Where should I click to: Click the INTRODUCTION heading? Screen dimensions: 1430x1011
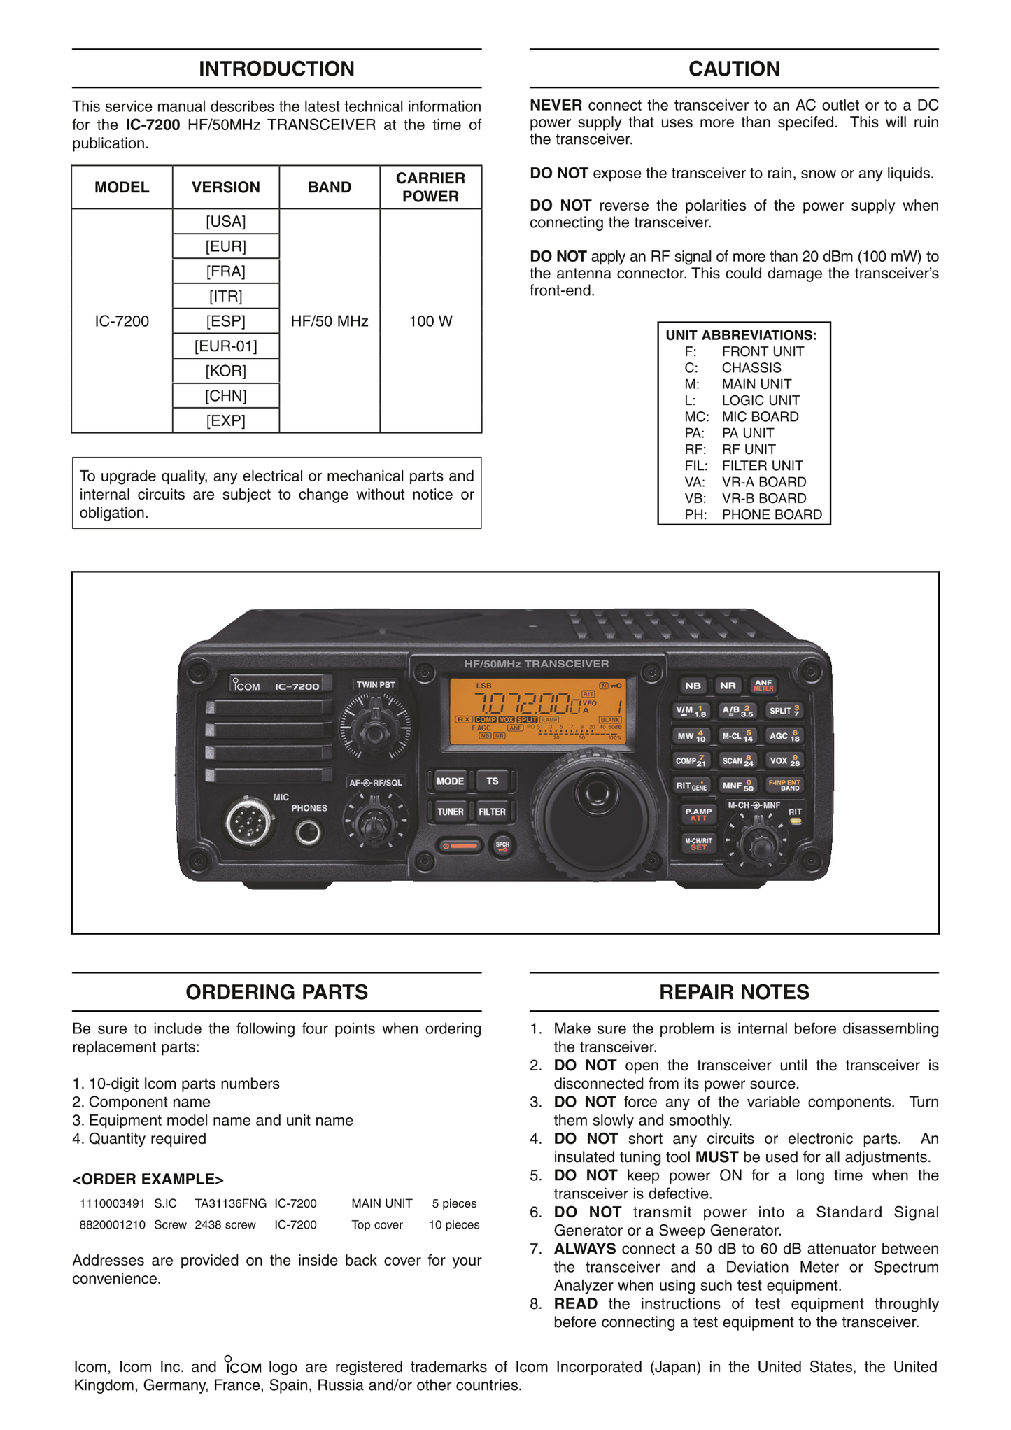point(276,69)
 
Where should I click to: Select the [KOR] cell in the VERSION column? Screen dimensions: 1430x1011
point(225,371)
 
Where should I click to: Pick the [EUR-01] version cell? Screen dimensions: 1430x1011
point(225,346)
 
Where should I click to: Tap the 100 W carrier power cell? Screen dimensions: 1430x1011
point(430,321)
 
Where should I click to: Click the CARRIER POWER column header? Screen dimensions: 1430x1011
point(430,187)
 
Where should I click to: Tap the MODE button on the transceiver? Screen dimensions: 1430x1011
point(450,781)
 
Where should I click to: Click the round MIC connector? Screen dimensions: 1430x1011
point(248,822)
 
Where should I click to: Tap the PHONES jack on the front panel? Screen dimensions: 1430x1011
point(309,832)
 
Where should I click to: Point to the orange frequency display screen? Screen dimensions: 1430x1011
point(543,711)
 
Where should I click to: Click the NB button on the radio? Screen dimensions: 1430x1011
point(693,686)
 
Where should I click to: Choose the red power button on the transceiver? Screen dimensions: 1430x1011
point(460,846)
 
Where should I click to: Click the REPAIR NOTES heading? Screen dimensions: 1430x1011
point(734,991)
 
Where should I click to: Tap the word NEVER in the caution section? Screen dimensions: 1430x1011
point(556,106)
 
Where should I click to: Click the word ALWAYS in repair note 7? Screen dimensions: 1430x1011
point(584,1248)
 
